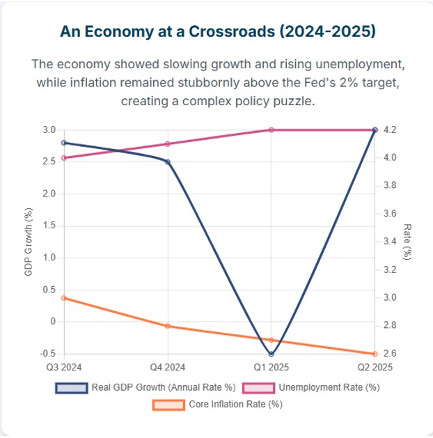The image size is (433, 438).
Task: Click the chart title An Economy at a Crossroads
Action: pyautogui.click(x=216, y=32)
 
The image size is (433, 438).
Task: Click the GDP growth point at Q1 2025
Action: pyautogui.click(x=271, y=354)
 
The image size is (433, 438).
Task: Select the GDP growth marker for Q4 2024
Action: pyautogui.click(x=168, y=162)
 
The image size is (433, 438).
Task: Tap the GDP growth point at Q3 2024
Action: pyautogui.click(x=64, y=142)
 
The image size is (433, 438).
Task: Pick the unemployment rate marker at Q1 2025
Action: pyautogui.click(x=271, y=130)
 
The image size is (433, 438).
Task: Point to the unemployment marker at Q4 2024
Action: pyautogui.click(x=168, y=144)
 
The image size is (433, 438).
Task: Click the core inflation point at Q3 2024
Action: pyautogui.click(x=64, y=298)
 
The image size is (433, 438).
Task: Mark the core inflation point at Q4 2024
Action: pyautogui.click(x=168, y=326)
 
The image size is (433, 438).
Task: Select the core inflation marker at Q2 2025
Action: pyautogui.click(x=375, y=354)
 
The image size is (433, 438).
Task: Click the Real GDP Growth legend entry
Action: pyautogui.click(x=146, y=388)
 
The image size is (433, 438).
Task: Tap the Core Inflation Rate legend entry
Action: pyautogui.click(x=216, y=404)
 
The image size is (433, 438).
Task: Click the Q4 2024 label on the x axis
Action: pyautogui.click(x=168, y=367)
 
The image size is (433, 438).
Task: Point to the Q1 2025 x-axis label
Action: pyautogui.click(x=271, y=367)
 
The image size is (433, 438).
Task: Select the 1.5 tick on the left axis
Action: pyautogui.click(x=49, y=226)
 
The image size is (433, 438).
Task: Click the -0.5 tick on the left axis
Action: pyautogui.click(x=47, y=354)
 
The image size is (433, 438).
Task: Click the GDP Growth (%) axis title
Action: pyautogui.click(x=29, y=242)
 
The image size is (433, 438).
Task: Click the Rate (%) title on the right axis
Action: pyautogui.click(x=408, y=242)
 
